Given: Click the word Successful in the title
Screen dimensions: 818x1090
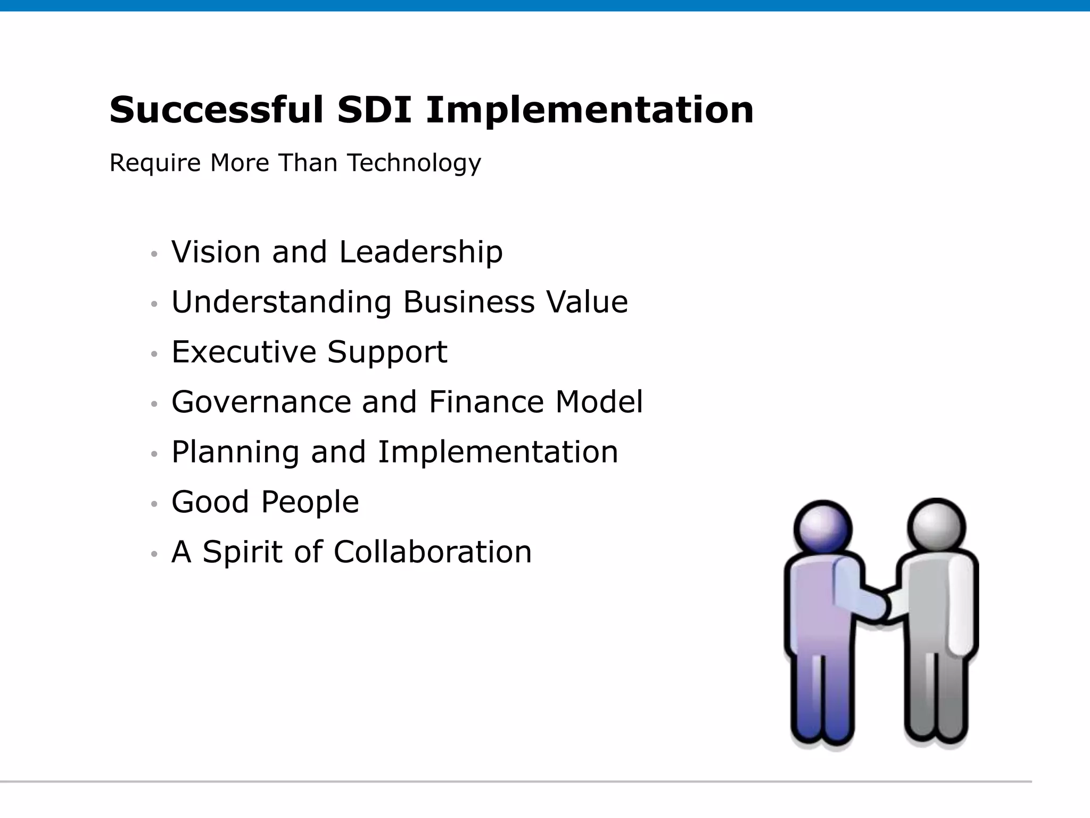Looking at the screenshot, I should [x=216, y=110].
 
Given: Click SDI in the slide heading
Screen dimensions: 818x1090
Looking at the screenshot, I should [x=374, y=110].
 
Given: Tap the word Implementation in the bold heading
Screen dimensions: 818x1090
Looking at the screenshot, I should [x=590, y=110].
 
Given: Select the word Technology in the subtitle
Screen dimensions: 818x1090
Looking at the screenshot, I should [x=414, y=163].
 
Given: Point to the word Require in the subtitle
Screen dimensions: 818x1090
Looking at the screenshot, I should [x=155, y=163].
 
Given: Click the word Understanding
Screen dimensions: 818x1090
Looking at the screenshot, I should [x=281, y=302].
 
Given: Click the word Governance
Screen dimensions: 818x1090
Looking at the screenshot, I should [x=261, y=402].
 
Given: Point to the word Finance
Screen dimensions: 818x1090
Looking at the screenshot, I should [x=486, y=402].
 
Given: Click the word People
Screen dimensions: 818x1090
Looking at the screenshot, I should [x=310, y=502].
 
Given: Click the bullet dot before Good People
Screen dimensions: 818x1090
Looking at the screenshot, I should [x=154, y=504].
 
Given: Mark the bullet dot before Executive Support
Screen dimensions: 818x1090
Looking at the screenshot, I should [x=154, y=354].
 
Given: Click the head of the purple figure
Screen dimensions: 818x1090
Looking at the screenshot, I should [x=823, y=528].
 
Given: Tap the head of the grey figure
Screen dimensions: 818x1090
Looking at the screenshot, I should [x=936, y=526].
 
